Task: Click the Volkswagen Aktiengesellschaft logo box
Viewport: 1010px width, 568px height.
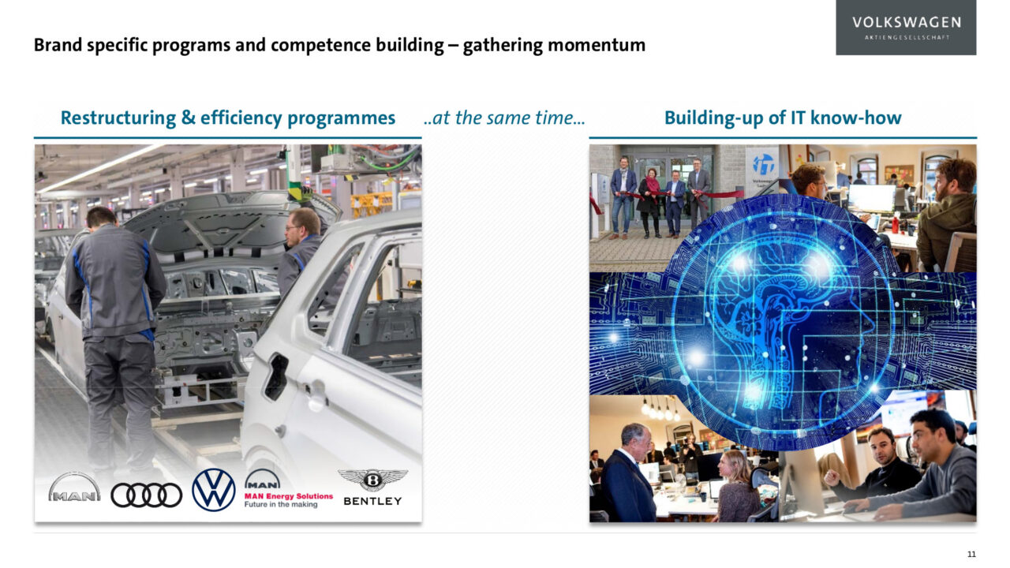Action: click(x=906, y=28)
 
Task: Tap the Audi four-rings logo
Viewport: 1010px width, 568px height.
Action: click(x=147, y=495)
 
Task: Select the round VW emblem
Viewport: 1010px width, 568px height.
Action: click(x=213, y=490)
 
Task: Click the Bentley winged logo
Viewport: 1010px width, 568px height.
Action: click(x=373, y=488)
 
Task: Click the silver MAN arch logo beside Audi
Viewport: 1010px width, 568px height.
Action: click(x=74, y=487)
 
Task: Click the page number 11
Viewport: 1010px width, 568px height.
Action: click(x=971, y=554)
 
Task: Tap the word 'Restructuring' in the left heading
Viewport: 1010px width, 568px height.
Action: click(x=118, y=118)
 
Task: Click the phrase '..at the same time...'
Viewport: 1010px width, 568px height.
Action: click(x=504, y=118)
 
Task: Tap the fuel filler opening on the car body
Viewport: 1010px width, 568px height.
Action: click(x=277, y=377)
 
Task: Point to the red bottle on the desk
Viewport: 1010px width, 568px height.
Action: click(x=896, y=225)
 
